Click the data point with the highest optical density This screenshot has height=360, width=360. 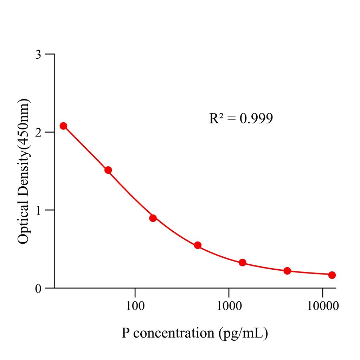click(x=63, y=126)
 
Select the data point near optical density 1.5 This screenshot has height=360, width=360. click(x=108, y=170)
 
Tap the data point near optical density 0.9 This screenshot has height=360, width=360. click(x=153, y=218)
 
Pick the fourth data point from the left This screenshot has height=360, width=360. click(x=198, y=245)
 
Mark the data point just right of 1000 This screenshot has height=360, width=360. click(x=242, y=263)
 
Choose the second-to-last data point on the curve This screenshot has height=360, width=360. click(x=287, y=271)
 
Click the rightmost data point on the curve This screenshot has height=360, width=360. click(x=332, y=275)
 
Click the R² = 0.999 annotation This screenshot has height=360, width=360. click(x=241, y=118)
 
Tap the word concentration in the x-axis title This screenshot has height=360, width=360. click(x=174, y=332)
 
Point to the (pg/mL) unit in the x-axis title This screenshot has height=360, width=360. click(x=243, y=333)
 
